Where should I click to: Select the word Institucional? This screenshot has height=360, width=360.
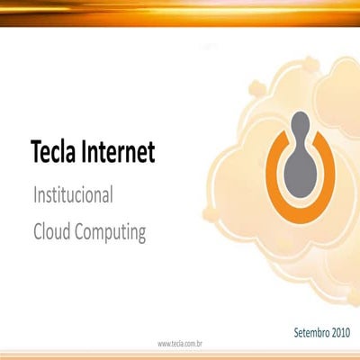coord(72,194)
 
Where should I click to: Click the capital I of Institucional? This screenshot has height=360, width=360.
coord(35,194)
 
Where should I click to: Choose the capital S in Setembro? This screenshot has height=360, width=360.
coord(297,333)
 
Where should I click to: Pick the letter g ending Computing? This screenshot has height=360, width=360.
coord(140,234)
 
